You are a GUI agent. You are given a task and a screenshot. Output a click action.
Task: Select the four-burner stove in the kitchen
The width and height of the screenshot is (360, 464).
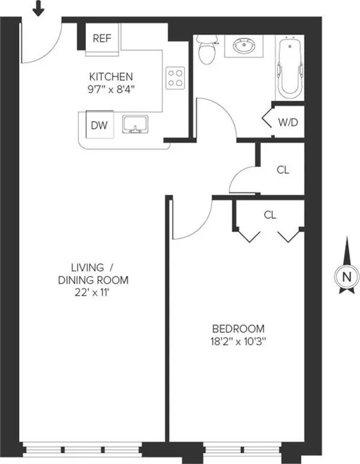click(x=175, y=77)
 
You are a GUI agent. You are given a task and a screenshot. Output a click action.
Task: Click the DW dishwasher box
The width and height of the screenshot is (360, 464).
click(x=99, y=125)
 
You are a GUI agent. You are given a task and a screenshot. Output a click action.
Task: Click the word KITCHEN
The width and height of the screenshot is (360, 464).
click(x=111, y=77)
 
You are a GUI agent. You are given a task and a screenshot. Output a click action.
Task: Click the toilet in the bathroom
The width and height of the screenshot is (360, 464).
click(x=205, y=49)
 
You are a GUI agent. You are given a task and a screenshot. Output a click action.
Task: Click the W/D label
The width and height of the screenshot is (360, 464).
click(x=287, y=122)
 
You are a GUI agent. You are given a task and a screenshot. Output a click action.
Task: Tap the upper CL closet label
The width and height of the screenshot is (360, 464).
click(x=283, y=169)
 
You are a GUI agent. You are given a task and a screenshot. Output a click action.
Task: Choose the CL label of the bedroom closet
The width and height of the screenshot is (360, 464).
click(x=270, y=214)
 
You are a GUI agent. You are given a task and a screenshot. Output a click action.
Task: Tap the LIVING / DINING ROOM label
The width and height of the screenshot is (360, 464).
click(x=93, y=273)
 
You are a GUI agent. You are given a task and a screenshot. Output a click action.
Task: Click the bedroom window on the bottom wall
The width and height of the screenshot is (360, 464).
click(x=242, y=448)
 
